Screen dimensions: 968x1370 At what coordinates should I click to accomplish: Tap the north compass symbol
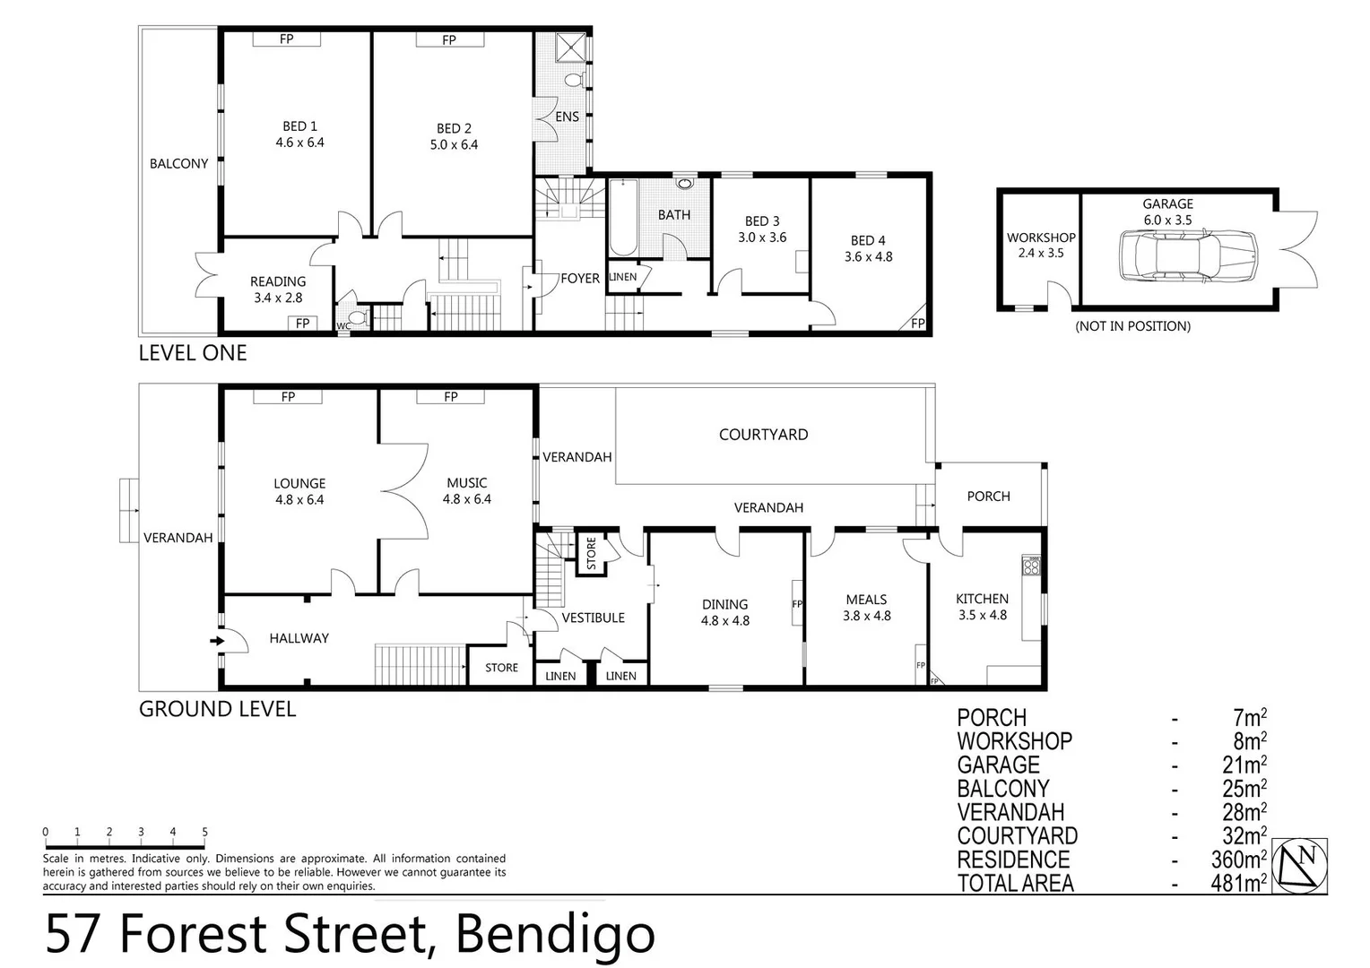(1300, 865)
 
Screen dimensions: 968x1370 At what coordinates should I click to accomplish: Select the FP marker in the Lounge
(288, 396)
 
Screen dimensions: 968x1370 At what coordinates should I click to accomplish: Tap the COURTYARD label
(763, 435)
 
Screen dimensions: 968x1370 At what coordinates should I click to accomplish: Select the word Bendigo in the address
(555, 934)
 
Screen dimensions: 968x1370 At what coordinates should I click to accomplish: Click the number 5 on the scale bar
(205, 833)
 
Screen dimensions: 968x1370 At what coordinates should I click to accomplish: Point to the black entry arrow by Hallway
(216, 641)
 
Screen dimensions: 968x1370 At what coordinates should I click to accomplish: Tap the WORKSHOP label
(1040, 238)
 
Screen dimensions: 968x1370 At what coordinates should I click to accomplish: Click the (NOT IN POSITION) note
(1132, 326)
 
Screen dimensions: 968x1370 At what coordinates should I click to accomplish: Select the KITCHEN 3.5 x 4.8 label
(983, 607)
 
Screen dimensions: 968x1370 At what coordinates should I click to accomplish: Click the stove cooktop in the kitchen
(1031, 566)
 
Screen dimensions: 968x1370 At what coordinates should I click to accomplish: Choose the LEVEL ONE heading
(193, 353)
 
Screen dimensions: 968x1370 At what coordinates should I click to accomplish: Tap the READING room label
(278, 281)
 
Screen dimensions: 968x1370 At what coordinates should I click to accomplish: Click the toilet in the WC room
(358, 317)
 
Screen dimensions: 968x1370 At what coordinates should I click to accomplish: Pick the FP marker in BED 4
(917, 324)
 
